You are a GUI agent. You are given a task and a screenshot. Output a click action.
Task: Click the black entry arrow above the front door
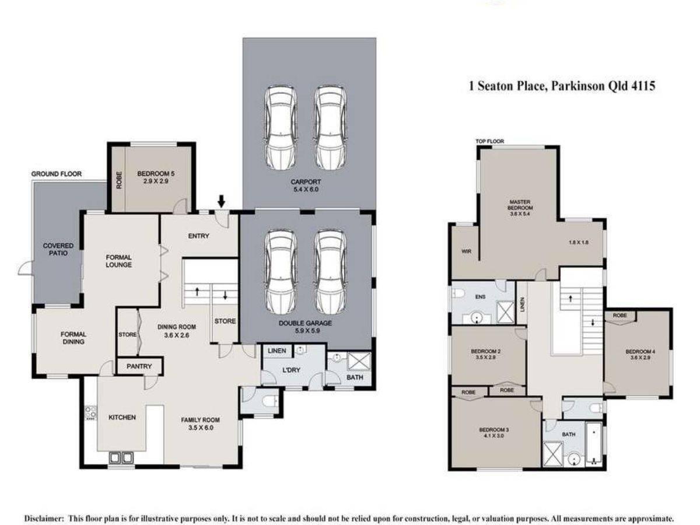click(222, 201)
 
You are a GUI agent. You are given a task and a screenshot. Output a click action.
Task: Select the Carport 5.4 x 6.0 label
click(306, 185)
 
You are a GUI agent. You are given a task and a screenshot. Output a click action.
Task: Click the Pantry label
click(139, 366)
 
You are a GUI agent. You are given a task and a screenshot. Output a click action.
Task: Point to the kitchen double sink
click(121, 458)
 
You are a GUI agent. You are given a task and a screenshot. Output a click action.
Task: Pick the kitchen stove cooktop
click(91, 412)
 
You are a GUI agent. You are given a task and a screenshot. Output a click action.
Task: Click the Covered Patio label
click(58, 249)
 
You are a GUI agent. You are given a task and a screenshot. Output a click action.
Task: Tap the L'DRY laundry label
click(292, 370)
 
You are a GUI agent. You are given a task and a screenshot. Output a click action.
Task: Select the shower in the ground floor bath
click(359, 361)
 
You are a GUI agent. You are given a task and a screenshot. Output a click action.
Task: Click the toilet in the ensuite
click(459, 293)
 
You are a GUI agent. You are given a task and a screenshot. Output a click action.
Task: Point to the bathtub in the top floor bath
click(594, 444)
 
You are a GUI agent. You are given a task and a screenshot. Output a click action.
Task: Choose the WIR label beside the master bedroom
click(466, 251)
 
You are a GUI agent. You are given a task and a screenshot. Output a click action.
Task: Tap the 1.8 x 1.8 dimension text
click(579, 242)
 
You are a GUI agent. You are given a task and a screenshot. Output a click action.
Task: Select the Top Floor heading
click(490, 141)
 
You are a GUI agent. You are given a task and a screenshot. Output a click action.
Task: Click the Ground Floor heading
click(57, 174)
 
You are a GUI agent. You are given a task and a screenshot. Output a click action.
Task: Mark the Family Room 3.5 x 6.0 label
click(200, 423)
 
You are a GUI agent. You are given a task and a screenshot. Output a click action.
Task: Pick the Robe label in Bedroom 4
click(619, 315)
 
